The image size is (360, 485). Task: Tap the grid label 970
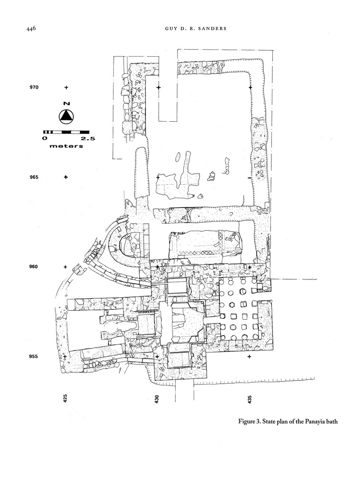pos(34,88)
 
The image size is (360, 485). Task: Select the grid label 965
pos(34,177)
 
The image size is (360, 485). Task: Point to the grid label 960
pos(34,267)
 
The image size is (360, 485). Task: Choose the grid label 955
pos(34,357)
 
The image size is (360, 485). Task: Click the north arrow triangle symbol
pos(66,116)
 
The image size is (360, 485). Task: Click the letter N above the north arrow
pos(66,103)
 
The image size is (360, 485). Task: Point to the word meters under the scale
pos(66,146)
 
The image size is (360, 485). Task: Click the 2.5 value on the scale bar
pos(88,139)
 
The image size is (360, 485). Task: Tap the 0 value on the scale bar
pos(45,139)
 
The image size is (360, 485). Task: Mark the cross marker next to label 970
pos(66,88)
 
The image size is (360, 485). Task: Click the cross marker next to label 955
pos(66,357)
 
